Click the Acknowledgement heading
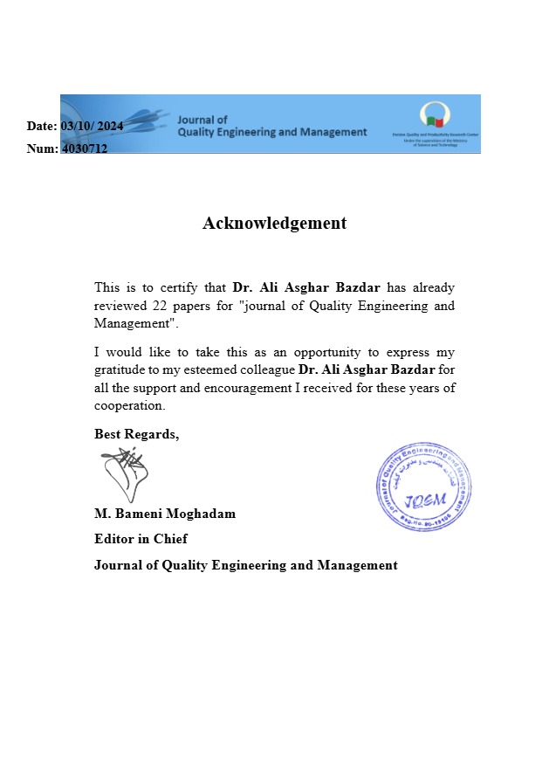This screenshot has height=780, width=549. click(x=274, y=223)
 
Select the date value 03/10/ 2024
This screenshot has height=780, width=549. click(x=92, y=126)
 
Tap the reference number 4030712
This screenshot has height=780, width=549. click(x=85, y=148)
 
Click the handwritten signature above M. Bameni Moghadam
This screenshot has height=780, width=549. click(x=124, y=474)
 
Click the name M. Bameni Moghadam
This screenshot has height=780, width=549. click(x=165, y=514)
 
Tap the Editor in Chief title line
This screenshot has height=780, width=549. click(x=141, y=539)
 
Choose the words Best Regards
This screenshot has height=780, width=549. click(x=136, y=434)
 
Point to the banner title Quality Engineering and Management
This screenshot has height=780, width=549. click(x=271, y=132)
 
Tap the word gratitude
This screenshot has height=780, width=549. click(x=120, y=370)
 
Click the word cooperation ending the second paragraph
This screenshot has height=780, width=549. click(x=128, y=406)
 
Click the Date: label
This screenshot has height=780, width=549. click(x=42, y=126)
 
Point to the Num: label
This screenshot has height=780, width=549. click(x=43, y=148)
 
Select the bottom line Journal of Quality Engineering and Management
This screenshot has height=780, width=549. click(x=245, y=565)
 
